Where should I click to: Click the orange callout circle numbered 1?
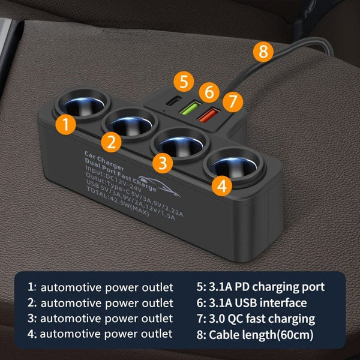pyautogui.click(x=67, y=124)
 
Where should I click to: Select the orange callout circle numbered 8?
pyautogui.click(x=262, y=52)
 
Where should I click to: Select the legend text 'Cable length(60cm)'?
pyautogui.click(x=269, y=334)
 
